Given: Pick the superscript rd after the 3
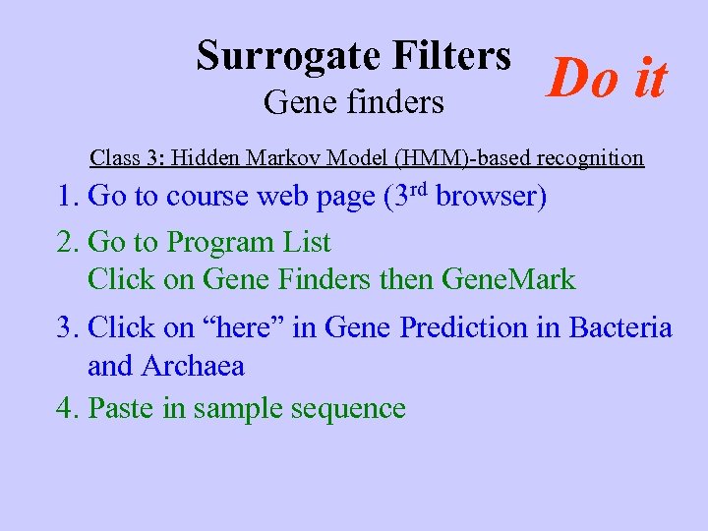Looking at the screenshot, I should point(420,188).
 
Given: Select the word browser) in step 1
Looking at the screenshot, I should point(492,197).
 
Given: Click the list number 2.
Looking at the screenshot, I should point(67,242).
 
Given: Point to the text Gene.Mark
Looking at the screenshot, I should point(508,279).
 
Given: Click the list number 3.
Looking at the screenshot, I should point(67,327).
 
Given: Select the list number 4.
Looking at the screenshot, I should point(67,408).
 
